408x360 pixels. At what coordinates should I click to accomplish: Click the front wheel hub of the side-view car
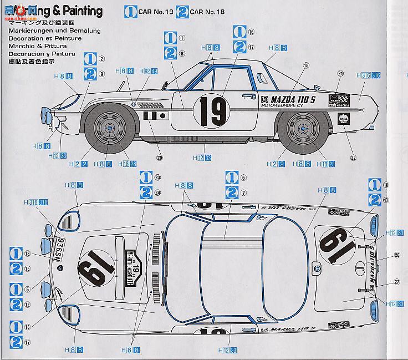click(109, 129)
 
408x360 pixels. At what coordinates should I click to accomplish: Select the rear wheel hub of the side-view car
click(304, 130)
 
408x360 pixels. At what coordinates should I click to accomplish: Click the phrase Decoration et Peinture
click(45, 38)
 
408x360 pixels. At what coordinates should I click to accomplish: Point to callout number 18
click(305, 65)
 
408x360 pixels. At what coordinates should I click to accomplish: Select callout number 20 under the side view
click(160, 158)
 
